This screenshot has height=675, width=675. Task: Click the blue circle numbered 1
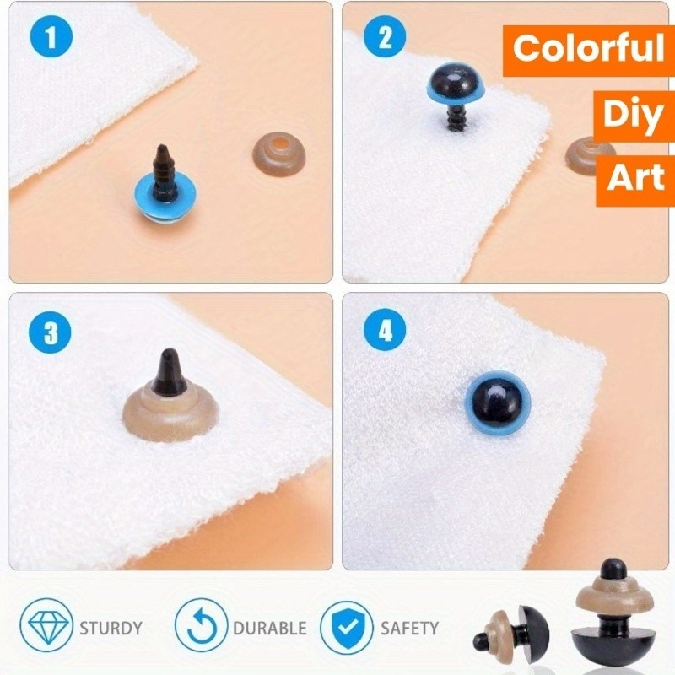coord(51,36)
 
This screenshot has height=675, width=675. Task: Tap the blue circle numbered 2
coord(385,36)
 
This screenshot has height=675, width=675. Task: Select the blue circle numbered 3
coord(50,332)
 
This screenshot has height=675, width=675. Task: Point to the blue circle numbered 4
coord(385,331)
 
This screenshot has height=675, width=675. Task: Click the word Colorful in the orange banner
coord(588,48)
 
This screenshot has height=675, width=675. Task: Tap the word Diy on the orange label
coord(632,115)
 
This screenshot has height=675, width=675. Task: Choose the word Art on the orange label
coord(635,177)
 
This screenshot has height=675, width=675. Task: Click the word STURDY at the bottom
coord(111,628)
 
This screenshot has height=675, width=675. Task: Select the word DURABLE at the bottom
coord(270,628)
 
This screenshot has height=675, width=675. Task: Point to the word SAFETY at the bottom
coord(409,628)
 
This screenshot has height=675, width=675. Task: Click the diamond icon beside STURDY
coord(47,626)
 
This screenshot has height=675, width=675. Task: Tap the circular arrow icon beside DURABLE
coord(201,626)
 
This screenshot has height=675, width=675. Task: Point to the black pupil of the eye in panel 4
coord(498,402)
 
